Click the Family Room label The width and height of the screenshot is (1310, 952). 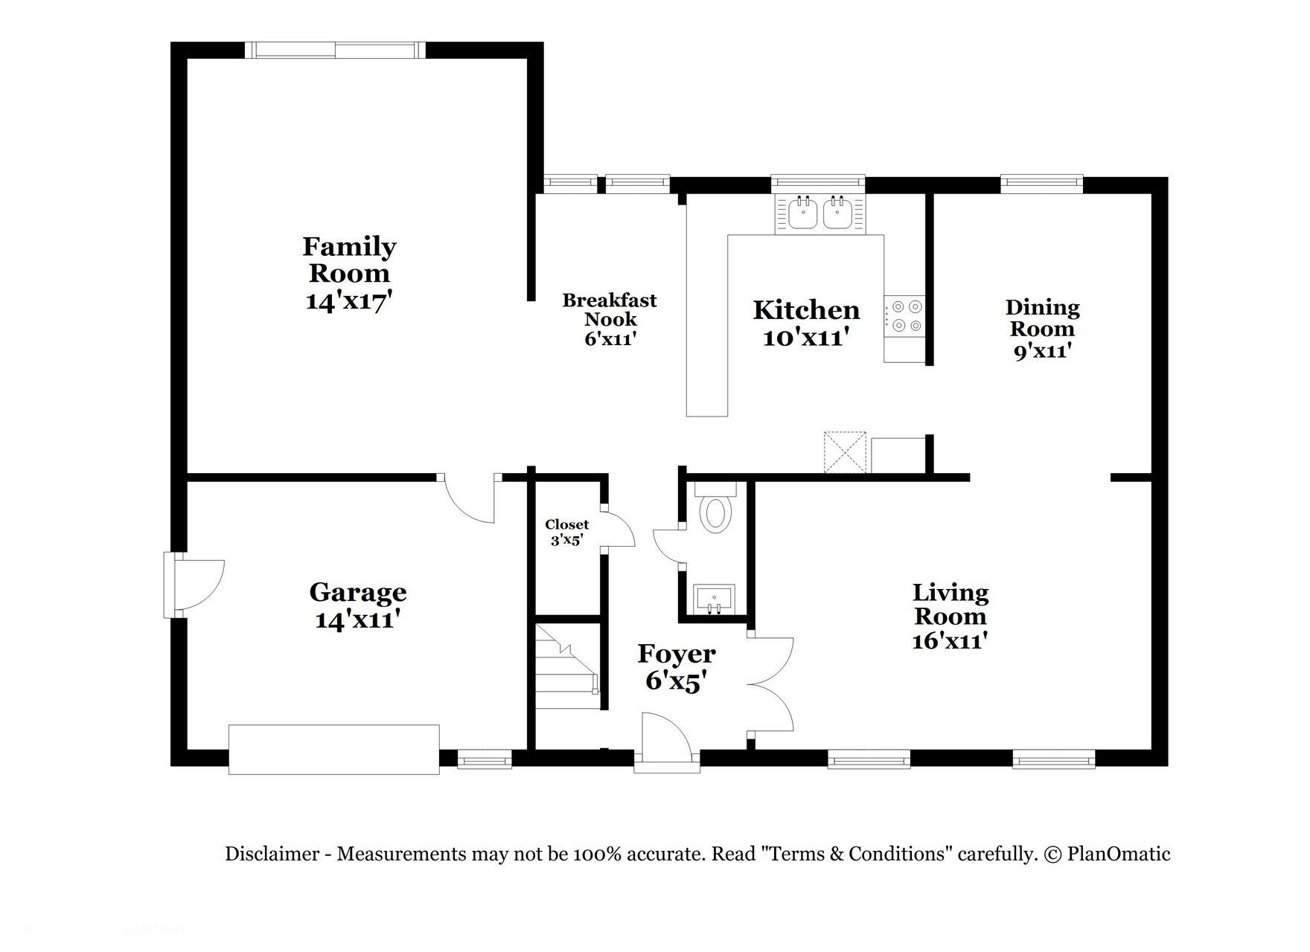click(349, 260)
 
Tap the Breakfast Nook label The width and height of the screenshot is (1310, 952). click(610, 309)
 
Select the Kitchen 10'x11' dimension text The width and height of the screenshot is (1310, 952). click(806, 338)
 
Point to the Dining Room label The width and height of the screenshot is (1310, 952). click(1042, 318)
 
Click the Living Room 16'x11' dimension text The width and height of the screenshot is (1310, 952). click(950, 640)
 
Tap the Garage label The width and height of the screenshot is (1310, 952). click(358, 593)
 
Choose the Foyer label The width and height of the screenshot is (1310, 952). click(677, 654)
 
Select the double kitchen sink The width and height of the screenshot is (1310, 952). click(819, 214)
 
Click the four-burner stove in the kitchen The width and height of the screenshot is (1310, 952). click(904, 315)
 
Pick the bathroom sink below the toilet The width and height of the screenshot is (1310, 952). click(714, 599)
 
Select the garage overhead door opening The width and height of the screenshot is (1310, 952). click(333, 750)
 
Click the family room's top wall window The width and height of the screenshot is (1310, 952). click(335, 50)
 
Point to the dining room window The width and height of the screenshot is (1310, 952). click(1041, 181)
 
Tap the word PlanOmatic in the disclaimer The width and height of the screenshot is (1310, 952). click(1119, 854)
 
